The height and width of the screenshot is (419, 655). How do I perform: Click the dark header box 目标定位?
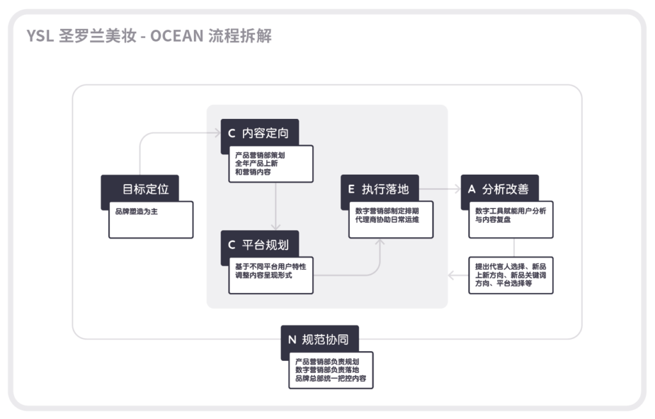click(140, 189)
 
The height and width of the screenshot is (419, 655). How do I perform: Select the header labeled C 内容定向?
click(259, 133)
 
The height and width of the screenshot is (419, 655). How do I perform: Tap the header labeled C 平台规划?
click(259, 244)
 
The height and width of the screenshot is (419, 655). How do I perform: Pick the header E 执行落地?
click(379, 189)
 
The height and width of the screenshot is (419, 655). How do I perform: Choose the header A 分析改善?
click(500, 189)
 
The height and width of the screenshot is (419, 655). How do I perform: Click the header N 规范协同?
click(319, 339)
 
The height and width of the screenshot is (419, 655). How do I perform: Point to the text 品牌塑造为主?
click(136, 211)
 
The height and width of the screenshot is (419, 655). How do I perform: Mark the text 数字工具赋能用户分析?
click(510, 210)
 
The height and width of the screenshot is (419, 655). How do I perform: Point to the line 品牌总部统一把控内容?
click(331, 379)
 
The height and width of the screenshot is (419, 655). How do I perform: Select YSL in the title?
click(39, 36)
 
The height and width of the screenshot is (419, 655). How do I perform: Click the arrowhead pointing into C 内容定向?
click(216, 133)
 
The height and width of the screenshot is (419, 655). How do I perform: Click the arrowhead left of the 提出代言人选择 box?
click(452, 276)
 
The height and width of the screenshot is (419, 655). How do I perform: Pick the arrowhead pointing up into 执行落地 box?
click(380, 242)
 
